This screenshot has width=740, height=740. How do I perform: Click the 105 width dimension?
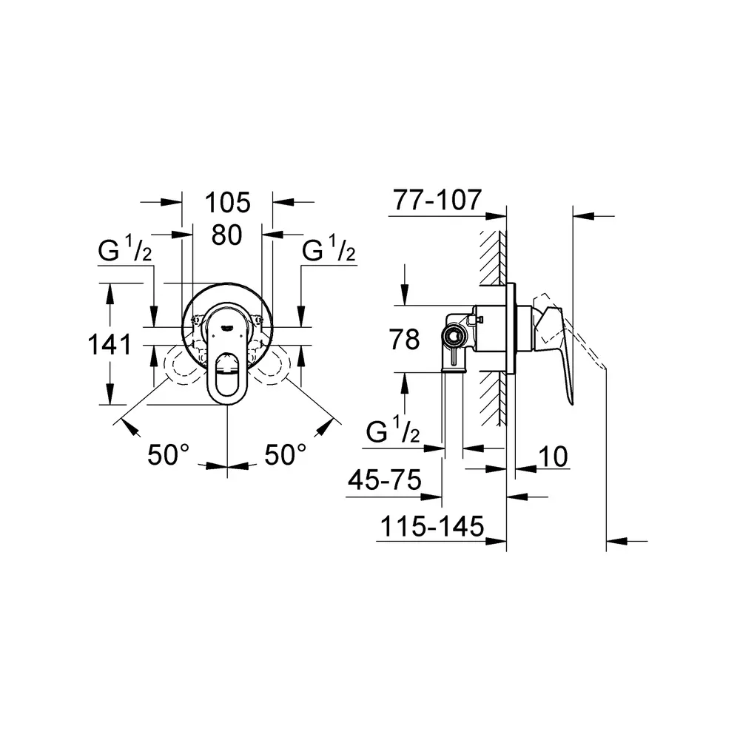227,203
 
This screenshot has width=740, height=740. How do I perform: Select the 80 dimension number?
227,235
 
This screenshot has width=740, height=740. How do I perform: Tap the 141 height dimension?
110,344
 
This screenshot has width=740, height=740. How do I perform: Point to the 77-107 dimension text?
437,200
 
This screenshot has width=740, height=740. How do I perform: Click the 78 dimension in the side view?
405,340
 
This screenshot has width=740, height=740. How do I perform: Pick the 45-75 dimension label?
385,480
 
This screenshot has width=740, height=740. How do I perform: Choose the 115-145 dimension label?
432,526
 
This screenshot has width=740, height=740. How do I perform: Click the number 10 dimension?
553,457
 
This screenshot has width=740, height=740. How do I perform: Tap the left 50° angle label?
169,455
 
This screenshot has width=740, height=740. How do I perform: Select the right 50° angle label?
286,455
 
